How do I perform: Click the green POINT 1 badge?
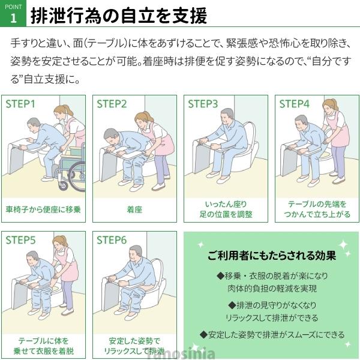click(x=13, y=13)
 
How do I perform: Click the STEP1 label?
click(x=20, y=104)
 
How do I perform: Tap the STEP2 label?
click(x=112, y=104)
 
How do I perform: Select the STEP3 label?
click(x=203, y=104)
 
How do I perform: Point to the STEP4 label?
click(x=295, y=104)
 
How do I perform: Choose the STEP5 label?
click(x=20, y=241)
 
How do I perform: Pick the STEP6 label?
click(x=112, y=241)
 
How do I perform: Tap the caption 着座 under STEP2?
click(x=134, y=209)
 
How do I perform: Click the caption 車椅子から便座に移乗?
click(x=43, y=209)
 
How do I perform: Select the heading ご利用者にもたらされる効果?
click(x=272, y=256)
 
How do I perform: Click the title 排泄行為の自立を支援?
click(x=119, y=16)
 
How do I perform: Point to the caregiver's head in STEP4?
click(x=330, y=106)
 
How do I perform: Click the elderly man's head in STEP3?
click(x=227, y=116)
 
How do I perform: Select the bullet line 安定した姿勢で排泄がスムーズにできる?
click(x=272, y=335)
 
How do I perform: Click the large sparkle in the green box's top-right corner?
click(x=344, y=244)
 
